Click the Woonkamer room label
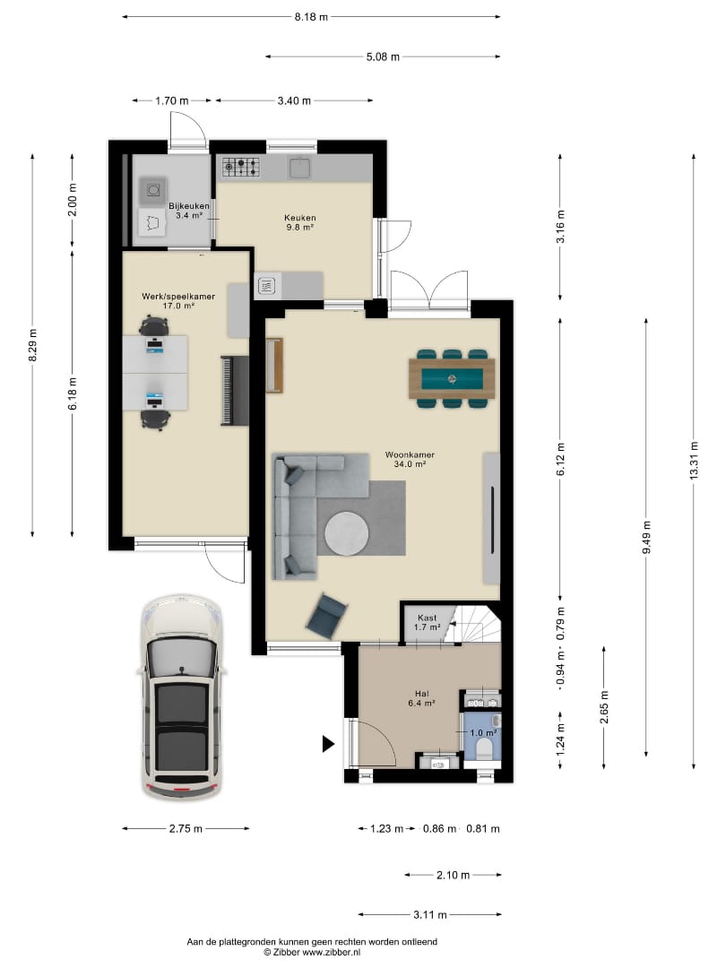click(x=410, y=455)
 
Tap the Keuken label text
click(x=300, y=218)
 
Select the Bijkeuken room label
click(x=189, y=206)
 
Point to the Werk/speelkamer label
click(x=178, y=297)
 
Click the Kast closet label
click(x=427, y=618)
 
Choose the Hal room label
click(x=421, y=693)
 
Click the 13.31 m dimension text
click(x=694, y=462)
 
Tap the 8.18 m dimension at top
click(x=311, y=17)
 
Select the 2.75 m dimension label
click(x=186, y=828)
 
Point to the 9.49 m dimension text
click(x=646, y=537)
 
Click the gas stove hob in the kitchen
click(x=241, y=168)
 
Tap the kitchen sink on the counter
click(x=300, y=168)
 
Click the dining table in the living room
click(x=452, y=378)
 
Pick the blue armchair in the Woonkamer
click(x=326, y=615)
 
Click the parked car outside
click(x=181, y=697)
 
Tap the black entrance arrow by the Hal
click(x=328, y=744)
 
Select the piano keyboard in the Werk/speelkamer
click(x=235, y=391)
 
